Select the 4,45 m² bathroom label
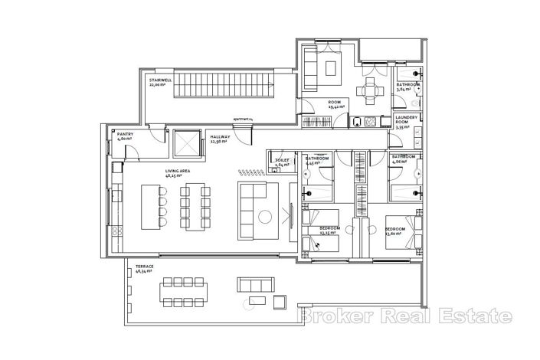[x=316, y=160]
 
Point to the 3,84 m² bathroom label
[x=407, y=86]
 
